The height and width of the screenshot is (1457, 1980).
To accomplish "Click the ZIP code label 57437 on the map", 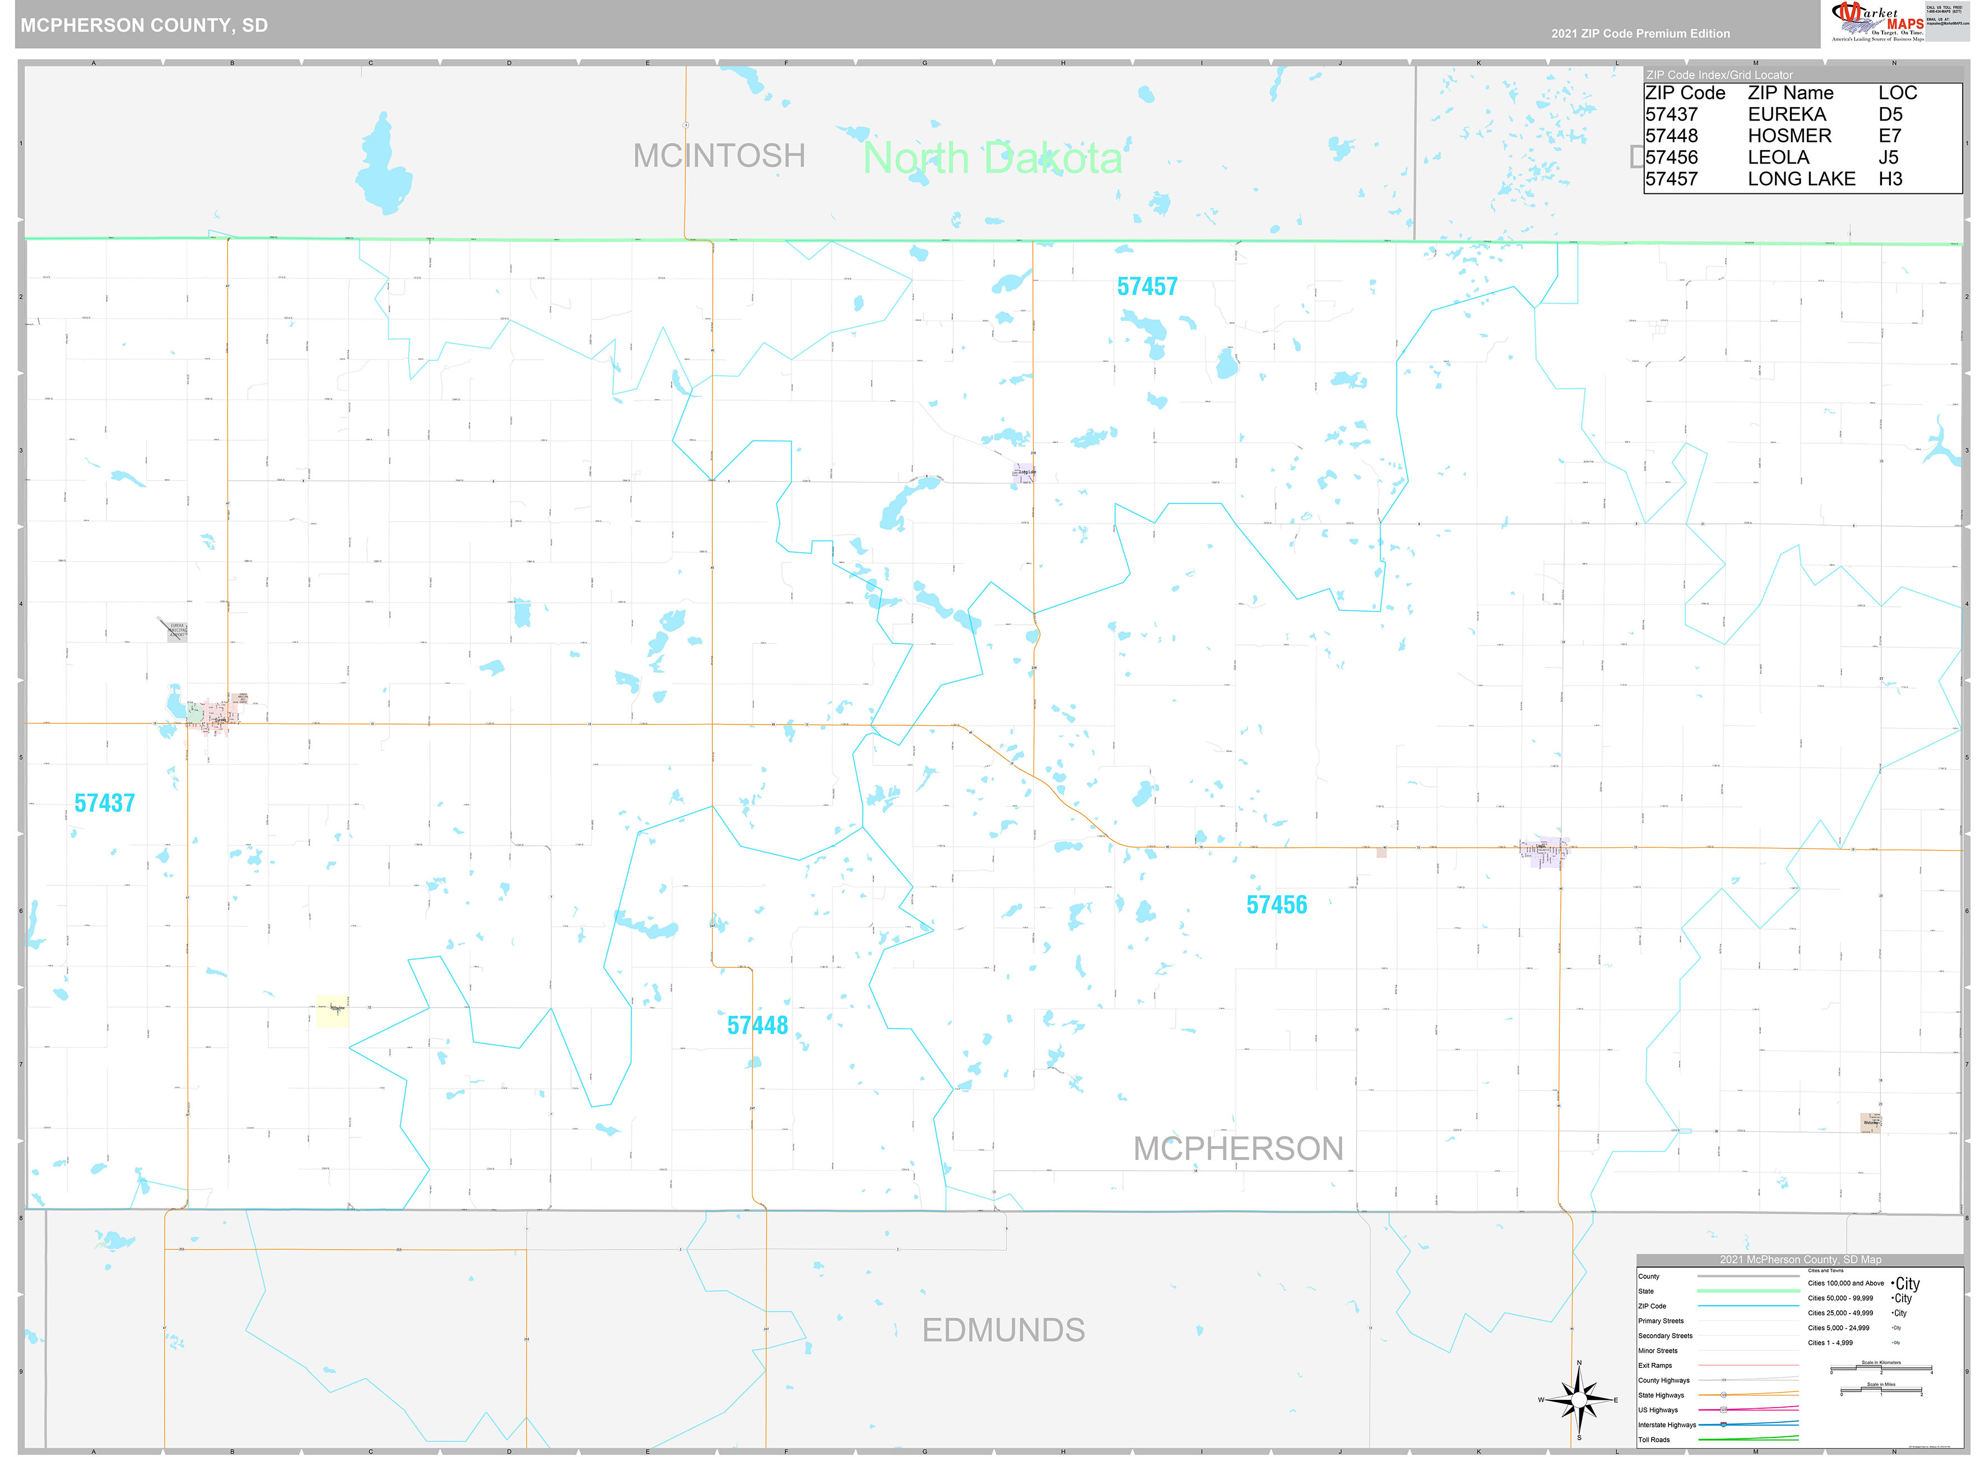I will [x=104, y=802].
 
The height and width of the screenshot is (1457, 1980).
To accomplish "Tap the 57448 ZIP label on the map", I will [x=757, y=1025].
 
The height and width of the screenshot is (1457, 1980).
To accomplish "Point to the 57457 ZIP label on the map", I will [x=1147, y=287].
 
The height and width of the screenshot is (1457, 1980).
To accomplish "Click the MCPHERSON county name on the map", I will [x=1237, y=1148].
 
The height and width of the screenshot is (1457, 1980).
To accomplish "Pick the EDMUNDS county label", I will [x=1003, y=1330].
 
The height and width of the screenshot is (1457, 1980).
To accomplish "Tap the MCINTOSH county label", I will [x=719, y=156].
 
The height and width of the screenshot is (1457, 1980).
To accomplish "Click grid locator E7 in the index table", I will [x=1889, y=136].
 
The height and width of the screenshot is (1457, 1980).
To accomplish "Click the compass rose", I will [x=1579, y=1400].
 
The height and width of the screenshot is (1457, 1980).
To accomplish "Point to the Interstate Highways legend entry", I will [x=1666, y=1424].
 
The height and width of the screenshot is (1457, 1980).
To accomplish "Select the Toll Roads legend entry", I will [x=1654, y=1440].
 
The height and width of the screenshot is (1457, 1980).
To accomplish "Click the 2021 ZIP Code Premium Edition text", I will [x=1640, y=34].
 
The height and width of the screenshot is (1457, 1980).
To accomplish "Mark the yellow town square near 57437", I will [x=332, y=1011].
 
